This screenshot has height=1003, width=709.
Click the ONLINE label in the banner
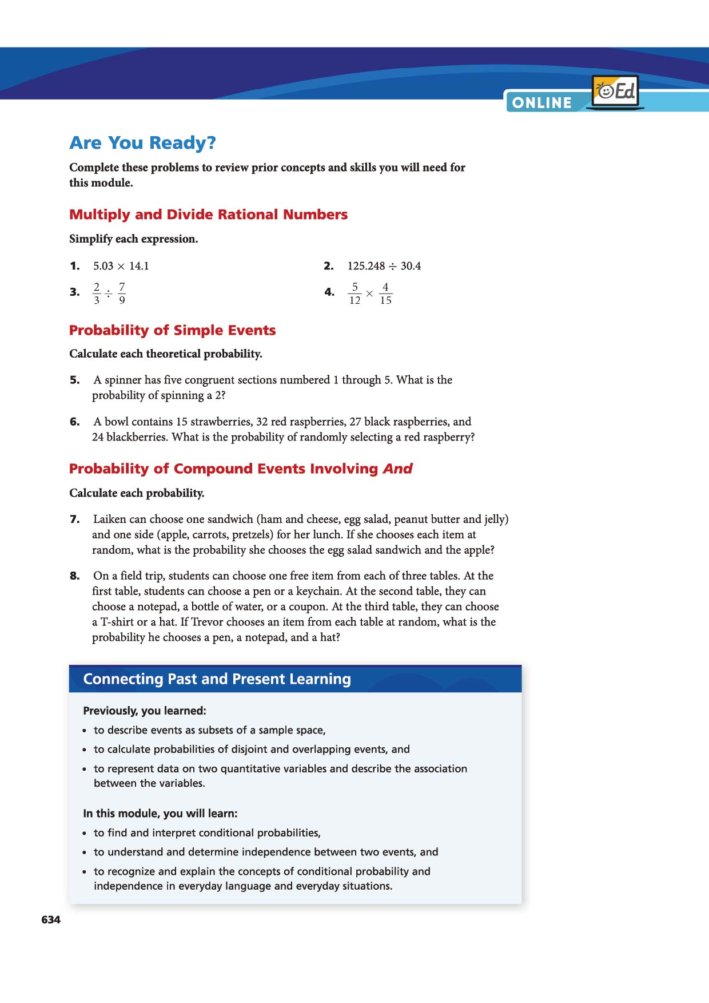coord(541,103)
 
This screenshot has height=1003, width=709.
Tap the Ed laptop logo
coord(615,92)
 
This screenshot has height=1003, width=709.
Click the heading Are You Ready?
coord(142,142)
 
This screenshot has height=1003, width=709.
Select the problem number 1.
coord(75,266)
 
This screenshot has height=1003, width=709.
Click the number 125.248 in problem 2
coord(366,266)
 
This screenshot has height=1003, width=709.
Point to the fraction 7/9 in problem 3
coord(122,293)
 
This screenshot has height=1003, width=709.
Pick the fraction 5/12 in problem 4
coord(354,294)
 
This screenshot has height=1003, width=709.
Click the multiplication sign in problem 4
coord(369,294)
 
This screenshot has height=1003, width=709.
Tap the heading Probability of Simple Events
coord(172,330)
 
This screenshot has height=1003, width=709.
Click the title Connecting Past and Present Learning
coord(217,679)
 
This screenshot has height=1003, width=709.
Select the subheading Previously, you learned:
coord(145,711)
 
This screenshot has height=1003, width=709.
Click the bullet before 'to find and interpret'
coord(85,834)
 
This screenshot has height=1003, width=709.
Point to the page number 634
coord(51,919)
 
